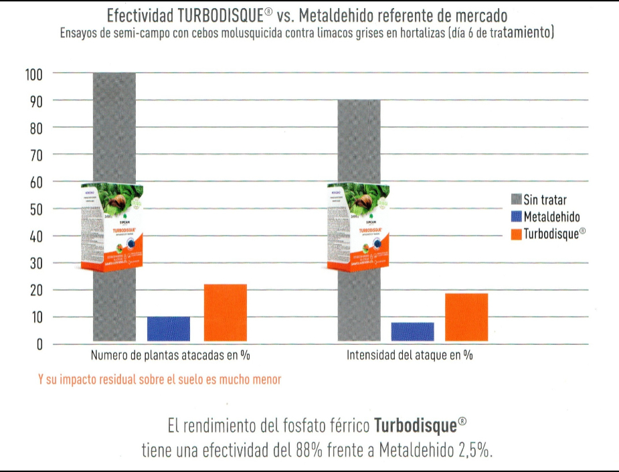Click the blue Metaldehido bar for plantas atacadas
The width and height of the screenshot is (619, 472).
coord(169,329)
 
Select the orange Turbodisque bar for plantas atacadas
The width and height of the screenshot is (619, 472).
coord(225,313)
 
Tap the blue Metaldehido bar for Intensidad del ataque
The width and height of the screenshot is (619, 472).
coord(412,331)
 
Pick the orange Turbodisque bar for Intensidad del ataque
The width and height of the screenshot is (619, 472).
coord(466,317)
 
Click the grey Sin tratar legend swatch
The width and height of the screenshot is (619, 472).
coord(515,200)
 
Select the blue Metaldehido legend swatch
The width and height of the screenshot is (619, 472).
coord(515,217)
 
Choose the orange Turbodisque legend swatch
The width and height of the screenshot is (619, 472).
coord(515,234)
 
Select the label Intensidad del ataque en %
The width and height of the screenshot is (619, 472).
coord(410,356)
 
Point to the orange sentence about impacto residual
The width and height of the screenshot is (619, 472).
coord(159,380)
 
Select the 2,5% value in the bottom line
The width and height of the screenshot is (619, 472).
coord(475,450)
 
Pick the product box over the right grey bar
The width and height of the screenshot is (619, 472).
coord(359,228)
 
